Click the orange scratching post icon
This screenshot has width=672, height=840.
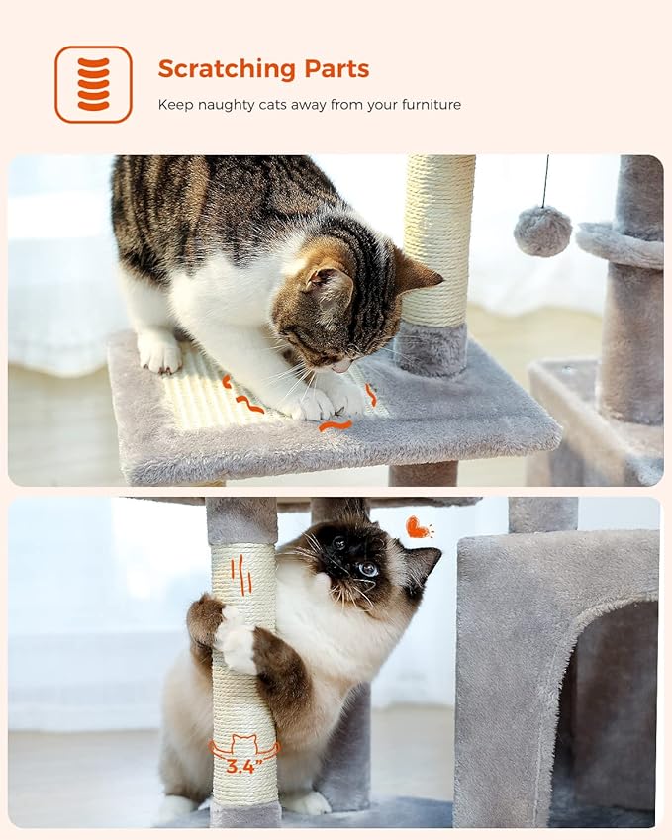[x=93, y=84]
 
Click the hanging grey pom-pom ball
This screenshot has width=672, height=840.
[x=542, y=231]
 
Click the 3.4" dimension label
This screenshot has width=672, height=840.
[x=243, y=766]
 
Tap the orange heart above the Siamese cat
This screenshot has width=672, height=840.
[x=418, y=528]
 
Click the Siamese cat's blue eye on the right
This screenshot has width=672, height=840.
[x=368, y=569]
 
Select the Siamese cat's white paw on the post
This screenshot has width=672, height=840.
[x=237, y=642]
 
